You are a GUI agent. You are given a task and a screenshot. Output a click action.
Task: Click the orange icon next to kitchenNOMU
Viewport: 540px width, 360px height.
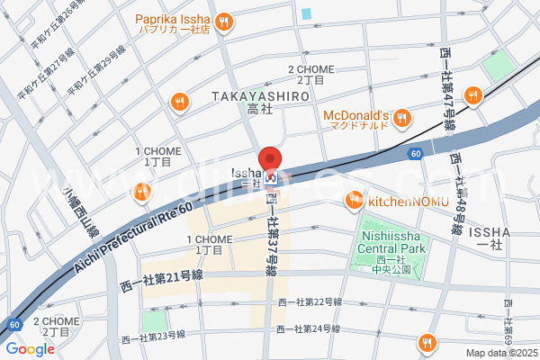(x=355, y=200)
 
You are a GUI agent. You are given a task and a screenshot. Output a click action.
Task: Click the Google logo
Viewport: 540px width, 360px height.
(x=30, y=349)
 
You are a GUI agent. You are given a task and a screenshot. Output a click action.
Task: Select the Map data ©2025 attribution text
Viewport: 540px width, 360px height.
(x=499, y=353)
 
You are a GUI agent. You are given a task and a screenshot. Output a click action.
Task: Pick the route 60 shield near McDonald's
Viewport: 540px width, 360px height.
(x=413, y=155)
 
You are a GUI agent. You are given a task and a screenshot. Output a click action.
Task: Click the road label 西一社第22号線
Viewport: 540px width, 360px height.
(x=310, y=301)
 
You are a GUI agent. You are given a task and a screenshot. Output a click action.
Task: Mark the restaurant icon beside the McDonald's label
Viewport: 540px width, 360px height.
(x=401, y=116)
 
